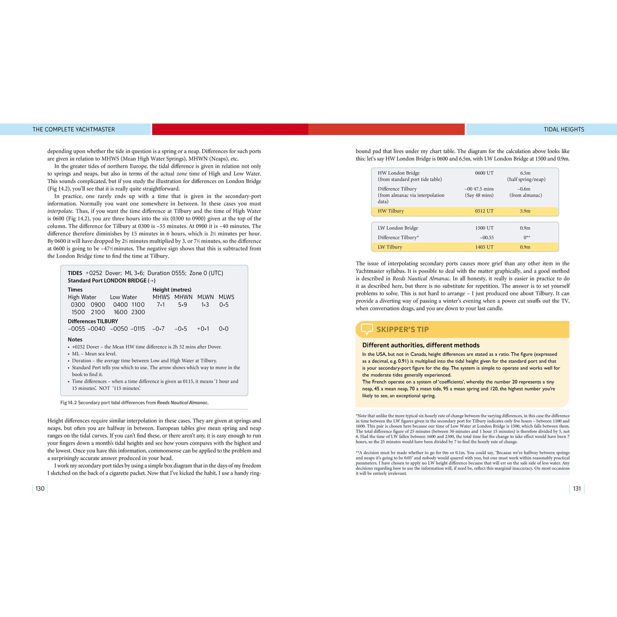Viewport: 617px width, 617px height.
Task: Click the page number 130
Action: (40, 489)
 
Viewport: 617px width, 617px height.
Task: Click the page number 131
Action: (577, 489)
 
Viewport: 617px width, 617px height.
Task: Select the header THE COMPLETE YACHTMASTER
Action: (74, 130)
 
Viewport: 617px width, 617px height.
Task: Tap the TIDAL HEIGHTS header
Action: (564, 130)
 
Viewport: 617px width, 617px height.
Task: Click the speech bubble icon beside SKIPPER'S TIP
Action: (366, 329)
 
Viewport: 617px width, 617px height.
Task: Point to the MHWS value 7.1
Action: (161, 305)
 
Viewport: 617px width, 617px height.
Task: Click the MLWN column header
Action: (205, 297)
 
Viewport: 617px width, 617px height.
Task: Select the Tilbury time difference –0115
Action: (137, 329)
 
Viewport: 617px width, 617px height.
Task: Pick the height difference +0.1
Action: (203, 329)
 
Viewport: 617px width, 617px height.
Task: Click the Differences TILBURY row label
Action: (93, 321)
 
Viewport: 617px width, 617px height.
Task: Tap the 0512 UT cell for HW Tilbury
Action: (484, 211)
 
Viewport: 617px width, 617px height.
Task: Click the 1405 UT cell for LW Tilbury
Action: (484, 247)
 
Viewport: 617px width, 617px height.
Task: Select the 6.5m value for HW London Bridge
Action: (525, 173)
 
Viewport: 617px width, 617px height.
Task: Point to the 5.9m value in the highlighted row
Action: (525, 211)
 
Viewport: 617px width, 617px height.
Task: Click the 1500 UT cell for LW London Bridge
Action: (484, 228)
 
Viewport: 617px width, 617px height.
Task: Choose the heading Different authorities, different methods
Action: (421, 345)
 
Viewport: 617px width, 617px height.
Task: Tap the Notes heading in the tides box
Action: (75, 340)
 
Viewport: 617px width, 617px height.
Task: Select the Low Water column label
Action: (124, 297)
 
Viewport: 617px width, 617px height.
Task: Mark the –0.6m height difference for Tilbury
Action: (525, 189)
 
